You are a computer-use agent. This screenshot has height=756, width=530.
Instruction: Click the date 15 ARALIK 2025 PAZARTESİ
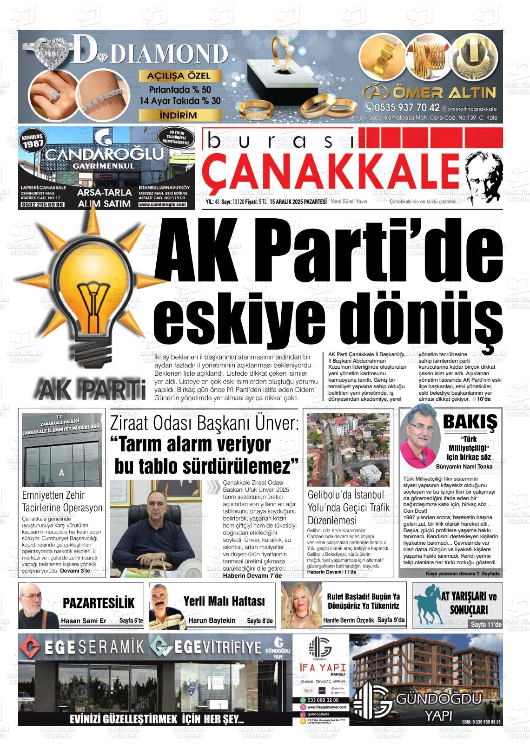[301, 202]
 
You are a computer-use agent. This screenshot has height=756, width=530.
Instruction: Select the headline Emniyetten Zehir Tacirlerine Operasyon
[62, 501]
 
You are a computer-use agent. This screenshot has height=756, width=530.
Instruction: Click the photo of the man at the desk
[156, 528]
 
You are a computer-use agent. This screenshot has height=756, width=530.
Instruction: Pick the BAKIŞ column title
[470, 422]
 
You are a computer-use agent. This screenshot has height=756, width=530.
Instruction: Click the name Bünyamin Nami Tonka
[464, 467]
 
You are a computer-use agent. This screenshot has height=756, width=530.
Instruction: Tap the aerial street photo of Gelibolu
[349, 448]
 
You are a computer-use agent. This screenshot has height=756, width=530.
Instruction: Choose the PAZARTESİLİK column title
[99, 603]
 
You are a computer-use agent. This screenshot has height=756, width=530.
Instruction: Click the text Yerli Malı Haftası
[224, 601]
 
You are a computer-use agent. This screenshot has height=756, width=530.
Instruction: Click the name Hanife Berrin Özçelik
[348, 620]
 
